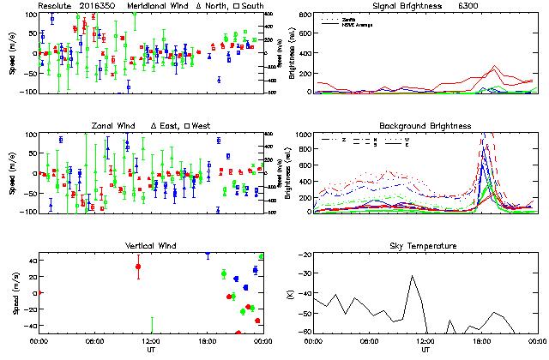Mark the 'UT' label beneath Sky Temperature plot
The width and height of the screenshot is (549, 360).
[x=425, y=350]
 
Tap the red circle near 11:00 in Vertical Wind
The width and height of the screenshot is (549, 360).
[x=138, y=267]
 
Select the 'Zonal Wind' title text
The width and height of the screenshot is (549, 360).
[x=118, y=126]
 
